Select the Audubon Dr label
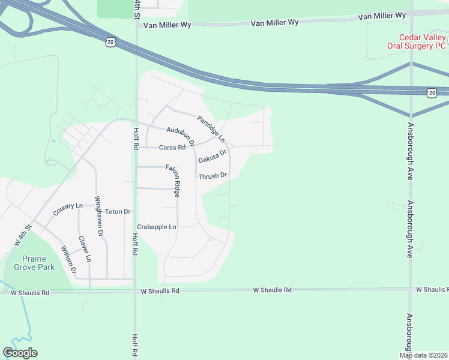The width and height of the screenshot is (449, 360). [181, 136]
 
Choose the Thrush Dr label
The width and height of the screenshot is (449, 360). [213, 176]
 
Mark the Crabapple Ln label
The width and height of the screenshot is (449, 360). [157, 227]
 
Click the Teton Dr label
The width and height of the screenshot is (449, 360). [118, 212]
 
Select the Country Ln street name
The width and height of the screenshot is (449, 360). [67, 209]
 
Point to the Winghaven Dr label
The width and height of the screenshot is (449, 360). [100, 215]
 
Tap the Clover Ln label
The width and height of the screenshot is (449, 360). [85, 248]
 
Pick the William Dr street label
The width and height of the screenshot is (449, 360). [68, 259]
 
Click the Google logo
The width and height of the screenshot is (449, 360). [20, 353]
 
